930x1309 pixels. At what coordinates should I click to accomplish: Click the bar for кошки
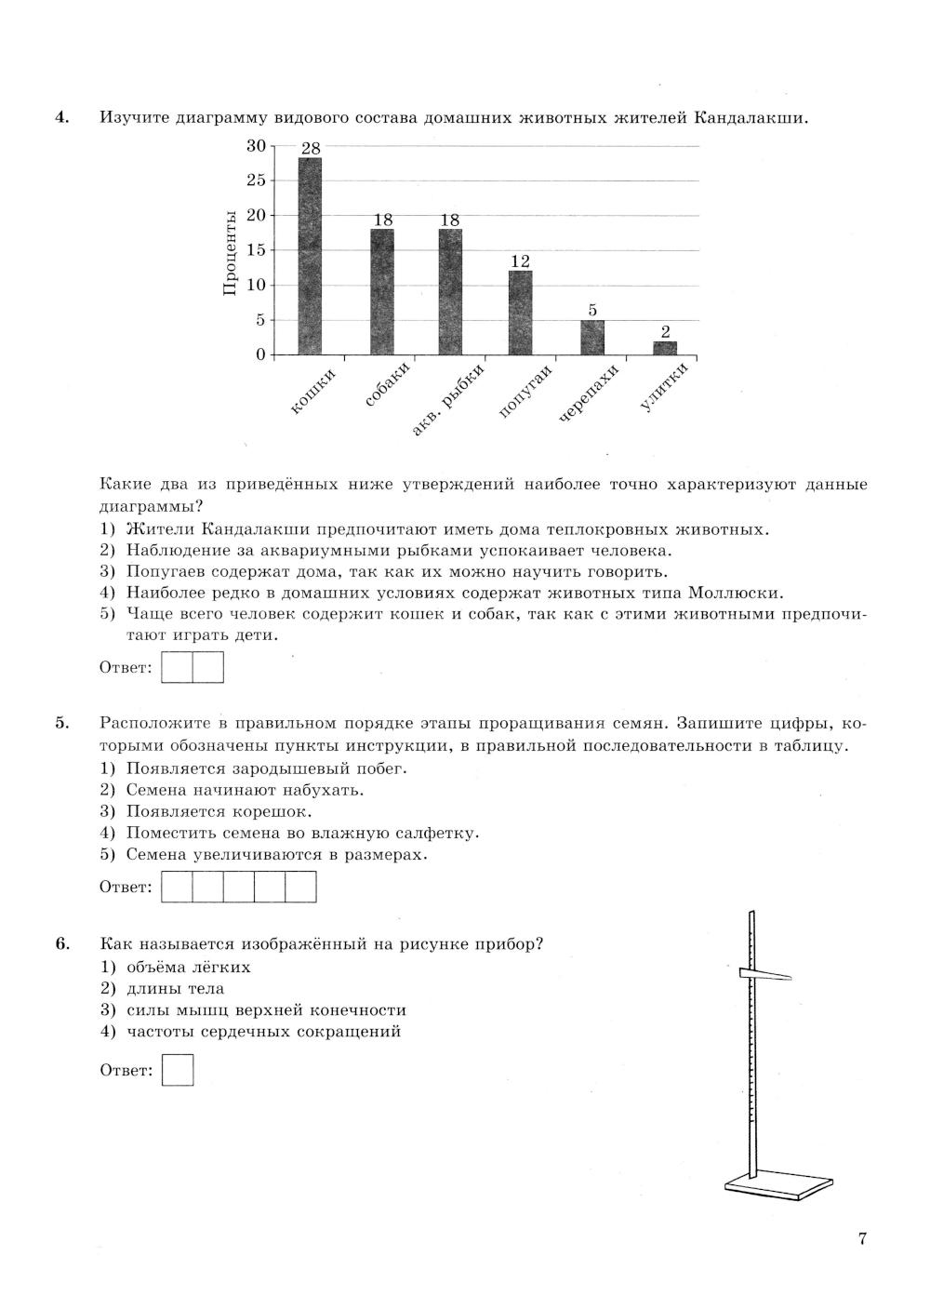pos(310,256)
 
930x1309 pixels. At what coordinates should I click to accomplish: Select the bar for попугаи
pos(520,313)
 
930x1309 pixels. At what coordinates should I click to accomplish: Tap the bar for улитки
pos(664,348)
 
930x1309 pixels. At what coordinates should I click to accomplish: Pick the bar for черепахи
pos(592,337)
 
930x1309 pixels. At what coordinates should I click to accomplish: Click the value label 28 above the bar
pos(311,149)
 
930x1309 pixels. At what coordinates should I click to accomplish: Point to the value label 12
pos(520,262)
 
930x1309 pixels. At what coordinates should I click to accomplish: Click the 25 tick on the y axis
pos(256,180)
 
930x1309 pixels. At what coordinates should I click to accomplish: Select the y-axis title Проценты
pos(231,253)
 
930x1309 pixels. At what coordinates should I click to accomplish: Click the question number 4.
pos(61,118)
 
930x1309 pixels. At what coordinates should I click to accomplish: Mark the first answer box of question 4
pos(177,667)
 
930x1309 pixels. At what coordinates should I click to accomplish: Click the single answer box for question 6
pos(178,1070)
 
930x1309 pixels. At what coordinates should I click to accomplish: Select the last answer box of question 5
pos(300,887)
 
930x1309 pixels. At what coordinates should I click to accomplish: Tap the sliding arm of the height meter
pos(764,975)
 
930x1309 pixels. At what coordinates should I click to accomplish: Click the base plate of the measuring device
pos(778,1184)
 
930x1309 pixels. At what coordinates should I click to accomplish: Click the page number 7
pos(862,1238)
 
